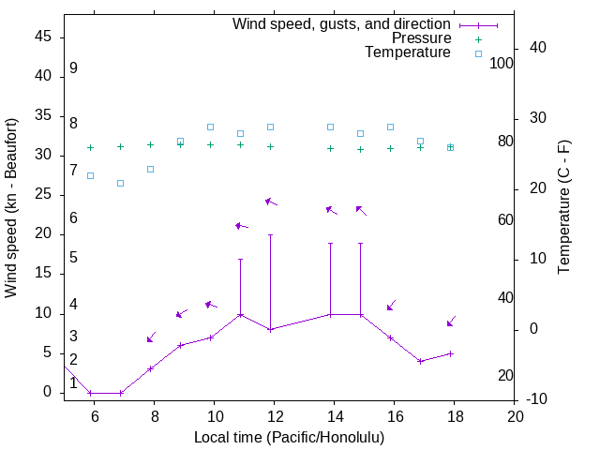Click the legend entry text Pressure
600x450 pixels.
[x=421, y=38]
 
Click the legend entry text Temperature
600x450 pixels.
[x=408, y=52]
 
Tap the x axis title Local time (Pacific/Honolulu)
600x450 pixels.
[x=289, y=437]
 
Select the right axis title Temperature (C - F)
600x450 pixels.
[x=563, y=208]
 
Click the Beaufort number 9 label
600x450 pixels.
[x=73, y=68]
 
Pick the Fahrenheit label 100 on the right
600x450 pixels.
[x=502, y=64]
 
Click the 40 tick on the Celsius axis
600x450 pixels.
[x=524, y=48]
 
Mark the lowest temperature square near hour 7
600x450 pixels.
[x=120, y=183]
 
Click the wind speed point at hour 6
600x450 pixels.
[x=90, y=393]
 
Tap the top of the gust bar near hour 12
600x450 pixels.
[x=270, y=234]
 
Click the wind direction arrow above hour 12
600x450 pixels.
[x=270, y=202]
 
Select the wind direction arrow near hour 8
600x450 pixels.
[x=151, y=337]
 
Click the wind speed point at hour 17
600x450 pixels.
[x=421, y=361]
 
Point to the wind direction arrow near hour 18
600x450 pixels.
[x=451, y=322]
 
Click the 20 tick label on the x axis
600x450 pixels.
[x=515, y=415]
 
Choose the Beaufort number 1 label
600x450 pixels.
[x=73, y=382]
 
